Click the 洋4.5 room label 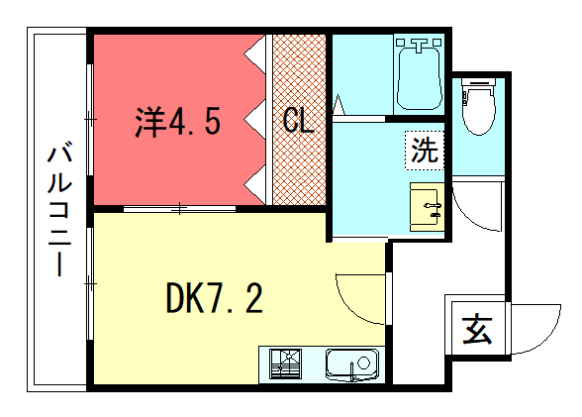(177, 122)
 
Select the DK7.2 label (215, 298)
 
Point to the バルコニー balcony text (59, 210)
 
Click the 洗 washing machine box (425, 151)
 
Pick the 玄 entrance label (477, 330)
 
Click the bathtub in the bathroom (420, 75)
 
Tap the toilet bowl (479, 107)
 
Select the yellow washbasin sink (428, 206)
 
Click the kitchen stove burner (285, 364)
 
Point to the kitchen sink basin (352, 365)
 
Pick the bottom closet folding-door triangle (254, 184)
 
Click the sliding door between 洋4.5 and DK (180, 209)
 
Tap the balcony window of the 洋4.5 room (89, 120)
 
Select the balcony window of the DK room (89, 283)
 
